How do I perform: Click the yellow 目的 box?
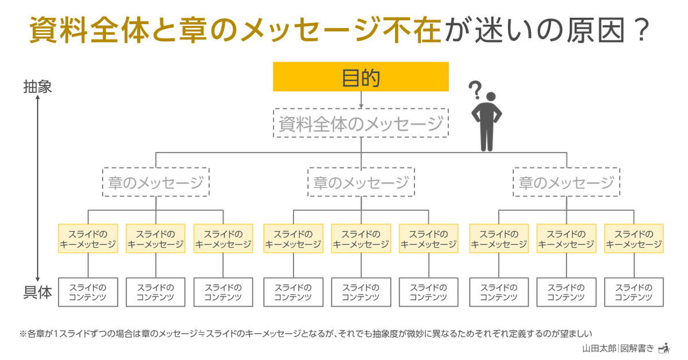click(x=361, y=77)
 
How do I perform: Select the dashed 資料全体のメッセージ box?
click(x=361, y=123)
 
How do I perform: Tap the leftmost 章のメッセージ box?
click(x=156, y=182)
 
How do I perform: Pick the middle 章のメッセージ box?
click(x=361, y=182)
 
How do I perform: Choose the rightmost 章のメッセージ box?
click(x=566, y=182)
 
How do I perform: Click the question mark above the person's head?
click(x=475, y=89)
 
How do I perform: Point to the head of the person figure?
click(x=491, y=96)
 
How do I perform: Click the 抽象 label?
click(x=37, y=87)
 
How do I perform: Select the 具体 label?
click(x=37, y=292)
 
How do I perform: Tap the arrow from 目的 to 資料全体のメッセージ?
click(x=361, y=100)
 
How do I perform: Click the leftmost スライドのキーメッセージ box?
click(x=88, y=238)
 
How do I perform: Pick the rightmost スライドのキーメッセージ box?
click(x=634, y=238)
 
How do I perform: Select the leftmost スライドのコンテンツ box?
click(x=88, y=292)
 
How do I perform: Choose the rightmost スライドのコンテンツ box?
click(x=634, y=292)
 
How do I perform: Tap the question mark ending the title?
click(x=642, y=30)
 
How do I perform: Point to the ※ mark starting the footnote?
click(x=23, y=334)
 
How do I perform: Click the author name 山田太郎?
click(x=599, y=349)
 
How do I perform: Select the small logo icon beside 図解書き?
click(x=664, y=349)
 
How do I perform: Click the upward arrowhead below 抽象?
click(x=37, y=97)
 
